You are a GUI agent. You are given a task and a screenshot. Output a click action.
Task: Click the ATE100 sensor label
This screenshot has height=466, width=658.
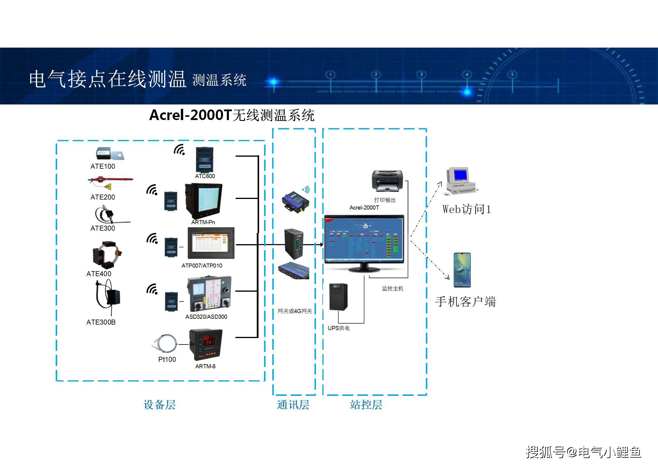pyautogui.click(x=103, y=166)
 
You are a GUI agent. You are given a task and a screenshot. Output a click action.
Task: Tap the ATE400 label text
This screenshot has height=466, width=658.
pyautogui.click(x=99, y=273)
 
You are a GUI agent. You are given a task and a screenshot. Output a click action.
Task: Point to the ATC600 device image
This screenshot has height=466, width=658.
pyautogui.click(x=205, y=160)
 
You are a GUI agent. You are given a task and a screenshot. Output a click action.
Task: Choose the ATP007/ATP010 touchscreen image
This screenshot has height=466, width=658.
pyautogui.click(x=211, y=243)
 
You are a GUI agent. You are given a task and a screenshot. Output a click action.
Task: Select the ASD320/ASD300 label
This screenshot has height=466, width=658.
pyautogui.click(x=206, y=317)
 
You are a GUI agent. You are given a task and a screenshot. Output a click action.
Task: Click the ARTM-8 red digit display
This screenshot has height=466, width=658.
pyautogui.click(x=209, y=340)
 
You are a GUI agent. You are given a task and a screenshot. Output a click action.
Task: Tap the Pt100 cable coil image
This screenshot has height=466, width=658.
pyautogui.click(x=165, y=343)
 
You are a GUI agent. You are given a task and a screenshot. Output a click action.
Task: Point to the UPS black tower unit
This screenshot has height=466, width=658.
pyautogui.click(x=339, y=297)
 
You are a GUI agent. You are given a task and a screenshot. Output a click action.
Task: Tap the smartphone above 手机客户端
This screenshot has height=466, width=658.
pyautogui.click(x=462, y=270)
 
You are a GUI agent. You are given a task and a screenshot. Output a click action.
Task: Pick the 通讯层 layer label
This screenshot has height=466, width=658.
pyautogui.click(x=293, y=405)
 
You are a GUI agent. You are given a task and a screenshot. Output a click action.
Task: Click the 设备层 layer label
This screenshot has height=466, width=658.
pyautogui.click(x=159, y=405)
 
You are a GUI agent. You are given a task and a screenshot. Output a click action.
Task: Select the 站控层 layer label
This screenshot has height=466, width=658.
pyautogui.click(x=366, y=405)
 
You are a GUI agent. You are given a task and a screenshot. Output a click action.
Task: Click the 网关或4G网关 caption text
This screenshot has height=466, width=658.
pyautogui.click(x=295, y=311)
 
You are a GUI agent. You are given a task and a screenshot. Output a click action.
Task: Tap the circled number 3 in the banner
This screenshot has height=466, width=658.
pyautogui.click(x=421, y=75)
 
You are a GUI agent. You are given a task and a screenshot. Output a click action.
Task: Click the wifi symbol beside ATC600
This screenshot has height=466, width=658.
pyautogui.click(x=179, y=150)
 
